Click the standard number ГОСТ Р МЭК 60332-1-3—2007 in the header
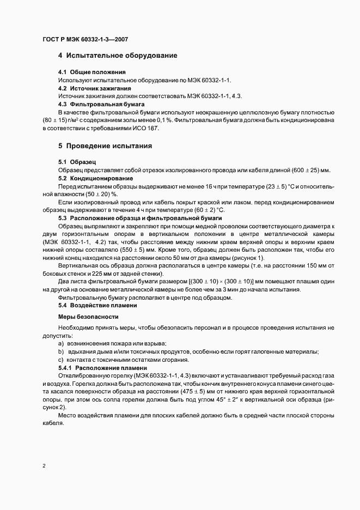85,39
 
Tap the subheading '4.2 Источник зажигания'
94,88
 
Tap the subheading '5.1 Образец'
77,162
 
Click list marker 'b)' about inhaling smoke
61,351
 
